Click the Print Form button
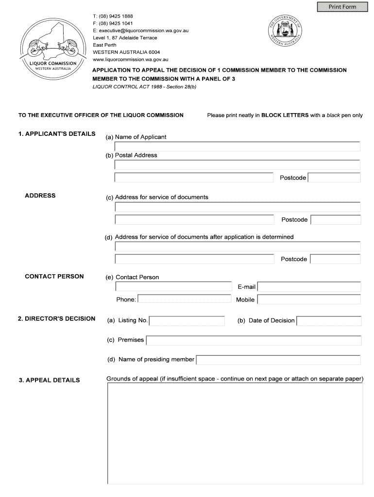pos(342,7)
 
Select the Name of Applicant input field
pos(237,147)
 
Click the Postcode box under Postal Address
pos(334,178)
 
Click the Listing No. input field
pos(187,321)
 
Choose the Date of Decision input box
pos(329,321)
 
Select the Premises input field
pos(254,340)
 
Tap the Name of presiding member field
pos(278,360)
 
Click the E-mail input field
pos(309,287)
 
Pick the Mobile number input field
pos(309,299)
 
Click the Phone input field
pos(185,299)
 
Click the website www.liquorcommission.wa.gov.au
pos(130,59)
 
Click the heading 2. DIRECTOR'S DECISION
pos(56,319)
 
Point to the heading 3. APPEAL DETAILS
pos(49,380)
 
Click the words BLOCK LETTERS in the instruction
pos(285,116)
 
